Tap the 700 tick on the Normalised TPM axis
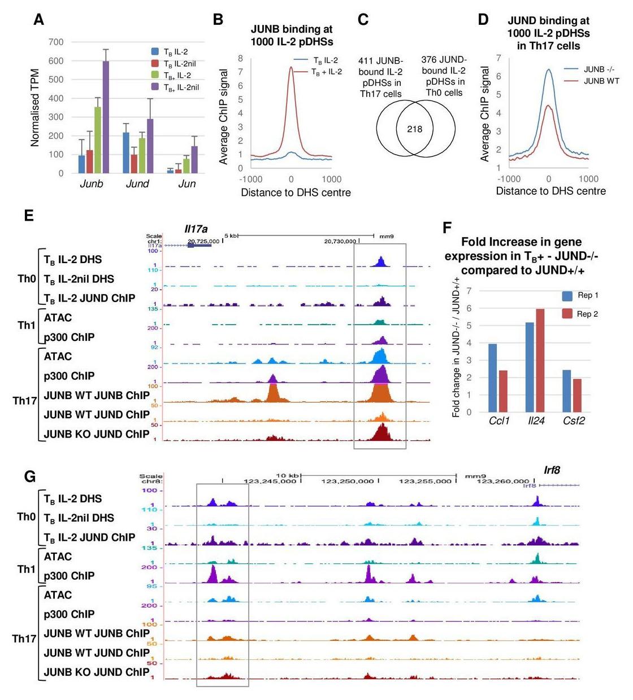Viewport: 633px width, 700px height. click(x=57, y=42)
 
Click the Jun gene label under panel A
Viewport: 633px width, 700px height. click(x=187, y=184)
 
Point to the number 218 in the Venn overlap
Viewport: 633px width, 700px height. click(x=415, y=129)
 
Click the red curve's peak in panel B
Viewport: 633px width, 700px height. click(x=291, y=67)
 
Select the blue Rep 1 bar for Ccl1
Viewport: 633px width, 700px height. click(x=492, y=378)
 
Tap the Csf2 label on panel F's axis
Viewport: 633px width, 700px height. click(x=574, y=421)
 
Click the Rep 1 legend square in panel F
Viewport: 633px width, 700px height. click(x=567, y=295)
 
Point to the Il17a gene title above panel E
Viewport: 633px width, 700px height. click(x=196, y=229)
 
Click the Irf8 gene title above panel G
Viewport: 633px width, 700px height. click(x=552, y=470)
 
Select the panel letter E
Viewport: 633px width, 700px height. click(x=29, y=216)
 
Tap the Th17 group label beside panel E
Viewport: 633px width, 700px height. click(x=24, y=401)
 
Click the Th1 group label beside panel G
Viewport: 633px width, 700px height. click(x=26, y=569)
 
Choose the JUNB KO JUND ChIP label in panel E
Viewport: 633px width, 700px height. click(x=97, y=434)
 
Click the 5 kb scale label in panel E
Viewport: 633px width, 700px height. click(x=231, y=235)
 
